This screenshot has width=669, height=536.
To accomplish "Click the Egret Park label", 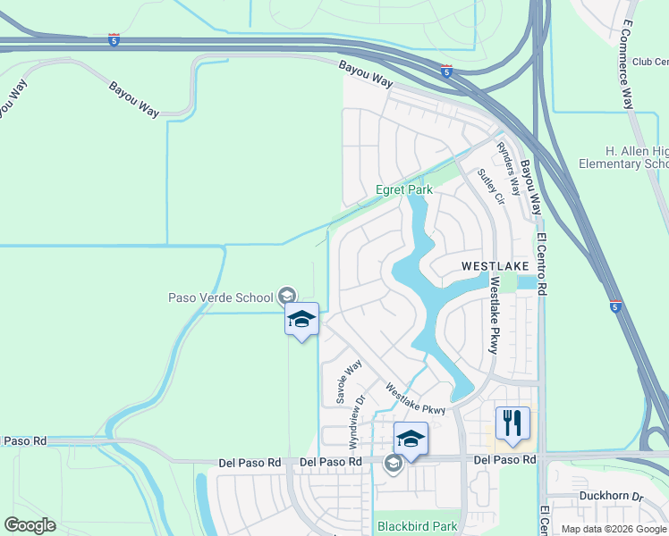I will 403,189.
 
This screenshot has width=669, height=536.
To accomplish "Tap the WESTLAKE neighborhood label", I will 495,266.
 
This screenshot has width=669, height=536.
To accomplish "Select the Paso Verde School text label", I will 223,297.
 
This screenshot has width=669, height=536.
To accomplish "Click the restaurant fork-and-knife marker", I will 512,422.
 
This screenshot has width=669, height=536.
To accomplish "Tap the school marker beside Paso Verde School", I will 302,319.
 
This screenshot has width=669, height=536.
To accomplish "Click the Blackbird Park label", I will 417,526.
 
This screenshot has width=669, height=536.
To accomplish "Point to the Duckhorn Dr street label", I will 612,496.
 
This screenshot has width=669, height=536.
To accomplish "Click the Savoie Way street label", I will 349,382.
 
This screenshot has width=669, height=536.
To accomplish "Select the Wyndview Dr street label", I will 357,422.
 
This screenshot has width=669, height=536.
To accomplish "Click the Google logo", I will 30,525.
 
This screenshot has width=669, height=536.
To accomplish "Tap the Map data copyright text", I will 614,529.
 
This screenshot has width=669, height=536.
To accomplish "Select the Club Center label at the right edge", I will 650,62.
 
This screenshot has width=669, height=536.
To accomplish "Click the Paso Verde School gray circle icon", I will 287,295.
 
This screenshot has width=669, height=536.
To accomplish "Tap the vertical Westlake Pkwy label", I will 493,314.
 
